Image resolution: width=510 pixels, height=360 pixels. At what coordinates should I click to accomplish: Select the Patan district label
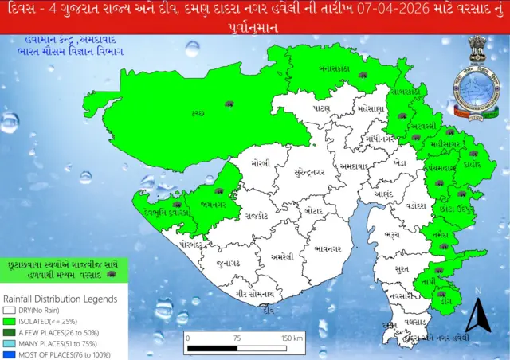322,108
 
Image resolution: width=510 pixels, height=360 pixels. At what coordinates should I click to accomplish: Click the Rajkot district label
257,215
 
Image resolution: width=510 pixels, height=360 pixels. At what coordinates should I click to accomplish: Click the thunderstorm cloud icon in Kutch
230,104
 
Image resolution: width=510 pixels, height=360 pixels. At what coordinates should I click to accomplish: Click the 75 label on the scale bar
236,338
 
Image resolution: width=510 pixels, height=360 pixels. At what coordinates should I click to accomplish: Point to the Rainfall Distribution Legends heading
60,299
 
